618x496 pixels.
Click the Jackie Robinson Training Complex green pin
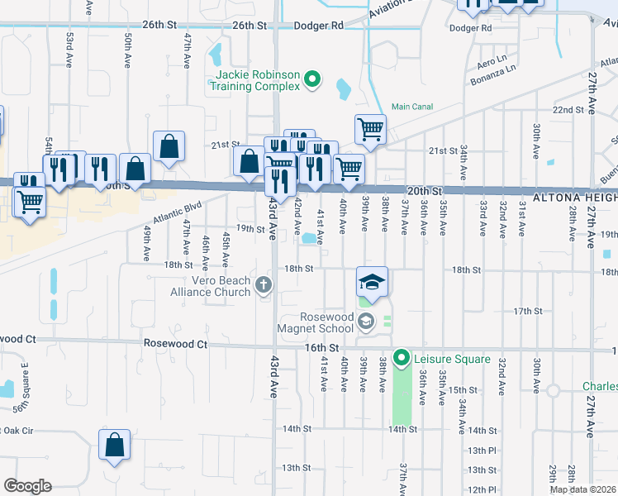[312, 80]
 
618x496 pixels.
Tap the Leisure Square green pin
[402, 359]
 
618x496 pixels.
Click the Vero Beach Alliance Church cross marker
[264, 286]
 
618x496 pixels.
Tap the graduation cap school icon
[372, 281]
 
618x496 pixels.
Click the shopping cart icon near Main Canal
[370, 128]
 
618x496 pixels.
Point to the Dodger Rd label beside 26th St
[315, 26]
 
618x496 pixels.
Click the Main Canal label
[412, 106]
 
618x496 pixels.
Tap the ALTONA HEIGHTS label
[573, 198]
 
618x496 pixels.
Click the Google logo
[27, 486]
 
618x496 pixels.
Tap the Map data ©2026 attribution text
[582, 489]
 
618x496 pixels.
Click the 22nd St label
[568, 109]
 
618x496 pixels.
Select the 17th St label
[527, 311]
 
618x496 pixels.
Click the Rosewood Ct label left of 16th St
[174, 343]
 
